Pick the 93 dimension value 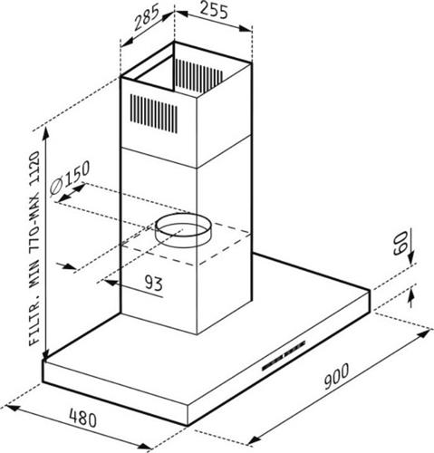click(153, 284)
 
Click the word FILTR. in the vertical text click(34, 323)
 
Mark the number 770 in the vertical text click(34, 236)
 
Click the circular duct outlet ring click(182, 231)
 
